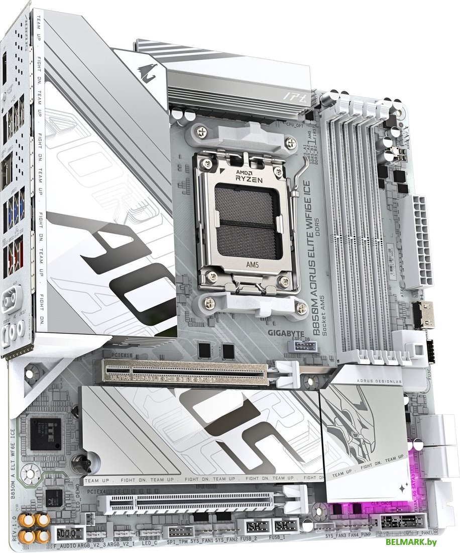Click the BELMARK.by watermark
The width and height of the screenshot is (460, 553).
point(411,541)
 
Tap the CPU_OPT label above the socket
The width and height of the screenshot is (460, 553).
point(296,123)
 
